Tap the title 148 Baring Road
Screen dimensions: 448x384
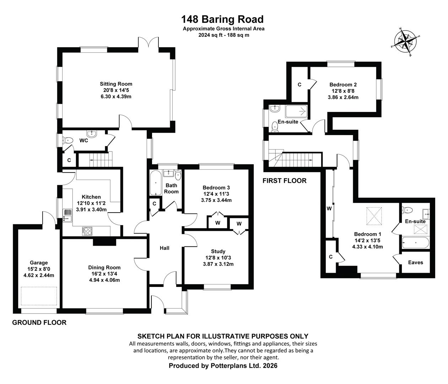pos(222,19)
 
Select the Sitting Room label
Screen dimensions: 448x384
pos(116,84)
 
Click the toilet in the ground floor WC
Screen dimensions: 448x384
pos(68,140)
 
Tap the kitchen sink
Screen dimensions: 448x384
pos(67,215)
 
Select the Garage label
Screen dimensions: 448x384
pos(39,263)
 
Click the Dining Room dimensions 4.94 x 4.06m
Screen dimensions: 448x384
pos(104,280)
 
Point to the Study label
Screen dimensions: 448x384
pos(218,251)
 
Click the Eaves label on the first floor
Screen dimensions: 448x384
pos(415,262)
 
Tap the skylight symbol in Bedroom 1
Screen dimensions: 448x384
pos(374,216)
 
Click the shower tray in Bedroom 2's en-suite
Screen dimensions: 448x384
pos(296,112)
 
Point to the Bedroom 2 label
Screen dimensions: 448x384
pos(343,85)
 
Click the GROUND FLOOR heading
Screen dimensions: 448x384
pos(39,322)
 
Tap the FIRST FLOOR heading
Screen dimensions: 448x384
pos(285,181)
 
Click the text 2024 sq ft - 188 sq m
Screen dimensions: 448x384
pos(224,35)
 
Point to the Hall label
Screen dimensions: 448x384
pos(164,248)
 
